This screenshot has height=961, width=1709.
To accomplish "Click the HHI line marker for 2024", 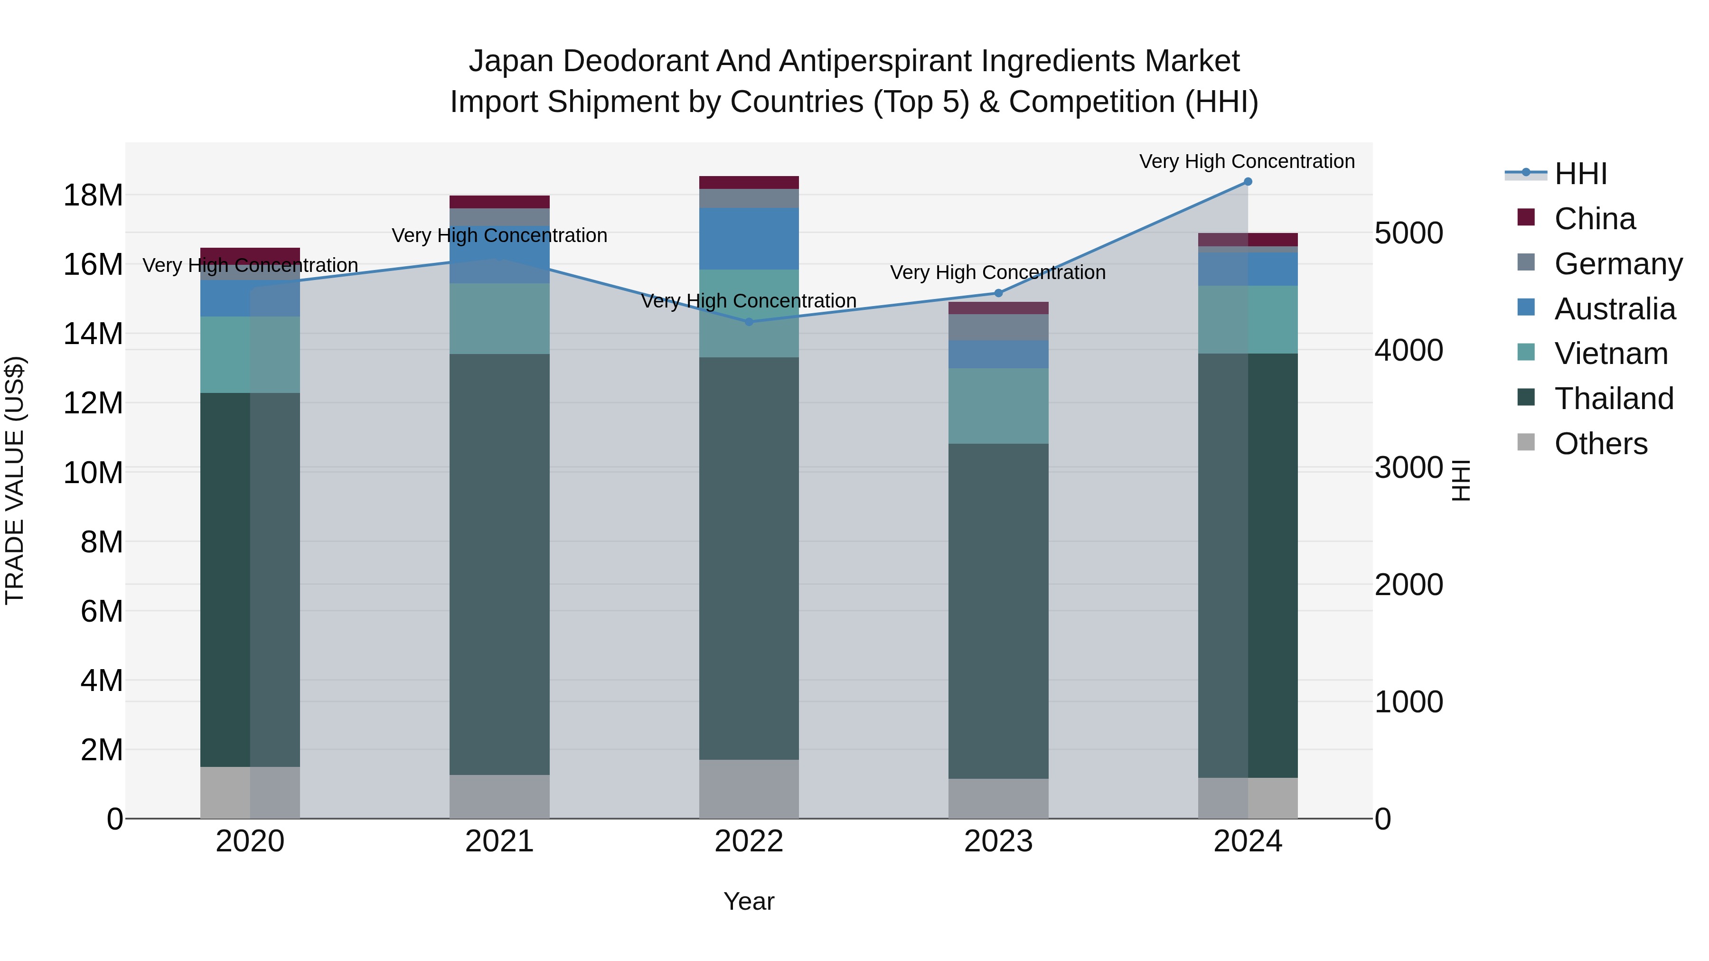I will click(x=1247, y=182).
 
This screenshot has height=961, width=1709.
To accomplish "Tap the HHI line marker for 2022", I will click(x=749, y=322).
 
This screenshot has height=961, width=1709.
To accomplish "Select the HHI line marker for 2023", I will click(x=998, y=293).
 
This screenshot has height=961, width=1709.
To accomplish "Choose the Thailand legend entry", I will click(x=1614, y=399).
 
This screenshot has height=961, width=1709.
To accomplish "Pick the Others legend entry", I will click(x=1600, y=444).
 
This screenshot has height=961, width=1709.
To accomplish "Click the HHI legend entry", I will click(x=1580, y=174).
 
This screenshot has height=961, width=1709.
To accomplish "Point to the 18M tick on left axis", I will click(x=93, y=196).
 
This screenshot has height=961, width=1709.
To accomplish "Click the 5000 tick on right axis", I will click(x=1408, y=233).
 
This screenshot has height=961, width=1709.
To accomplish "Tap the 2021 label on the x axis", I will click(x=499, y=841).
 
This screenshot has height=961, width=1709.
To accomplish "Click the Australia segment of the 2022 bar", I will click(x=749, y=239).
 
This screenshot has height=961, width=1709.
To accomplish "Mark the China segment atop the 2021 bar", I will click(x=499, y=202).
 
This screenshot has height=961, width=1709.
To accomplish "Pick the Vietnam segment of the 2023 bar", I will click(x=998, y=406).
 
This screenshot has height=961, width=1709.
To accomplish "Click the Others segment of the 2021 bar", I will click(x=499, y=796).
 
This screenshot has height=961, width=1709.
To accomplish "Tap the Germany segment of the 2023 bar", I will click(x=998, y=327).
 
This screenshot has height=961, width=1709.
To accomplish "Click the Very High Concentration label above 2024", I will click(x=1247, y=162).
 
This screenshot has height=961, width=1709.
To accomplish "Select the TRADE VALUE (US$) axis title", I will click(x=15, y=480).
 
